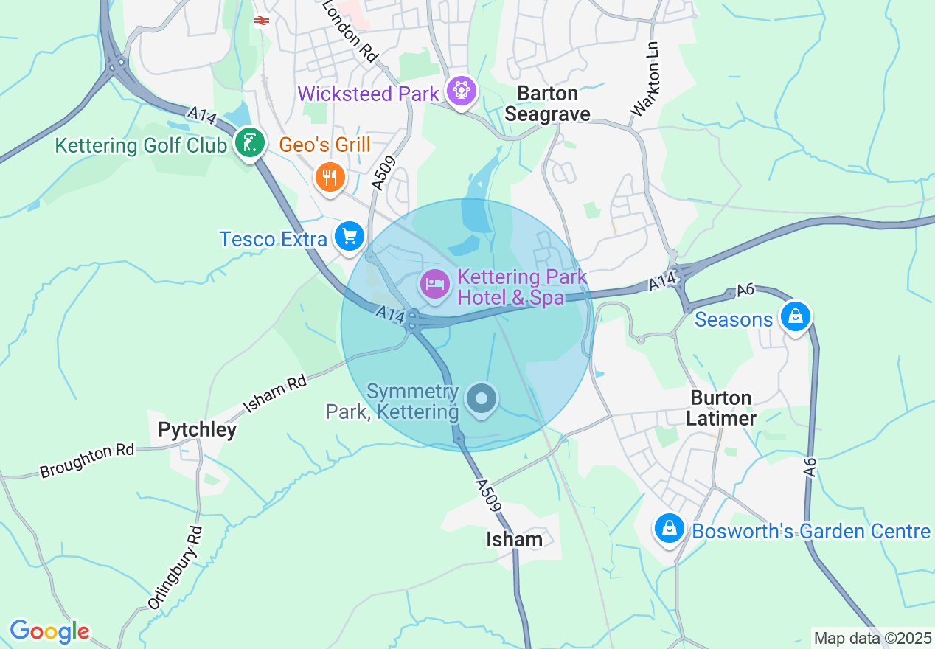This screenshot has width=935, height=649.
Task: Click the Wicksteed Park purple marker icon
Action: pos(462,91)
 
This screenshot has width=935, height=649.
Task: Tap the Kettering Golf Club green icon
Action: pos(251,142)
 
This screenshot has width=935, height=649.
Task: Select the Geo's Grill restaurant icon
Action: pos(330,177)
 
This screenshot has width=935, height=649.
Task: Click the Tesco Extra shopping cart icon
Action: pos(349,237)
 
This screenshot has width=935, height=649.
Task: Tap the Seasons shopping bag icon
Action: pos(795,316)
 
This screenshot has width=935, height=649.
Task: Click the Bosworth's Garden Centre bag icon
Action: pos(669,528)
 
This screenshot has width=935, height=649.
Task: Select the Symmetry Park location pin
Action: pos(482,399)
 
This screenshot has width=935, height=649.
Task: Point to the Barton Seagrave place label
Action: pos(547,103)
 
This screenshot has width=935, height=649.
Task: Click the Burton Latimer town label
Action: pos(721,408)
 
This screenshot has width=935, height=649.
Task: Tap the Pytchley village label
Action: pos(197,429)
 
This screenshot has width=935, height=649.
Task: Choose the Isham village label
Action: pos(514,539)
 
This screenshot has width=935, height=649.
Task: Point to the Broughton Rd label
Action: pos(87,460)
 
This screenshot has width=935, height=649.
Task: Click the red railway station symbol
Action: pos(260,21)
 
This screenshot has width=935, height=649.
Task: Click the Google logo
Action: pos(49,631)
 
